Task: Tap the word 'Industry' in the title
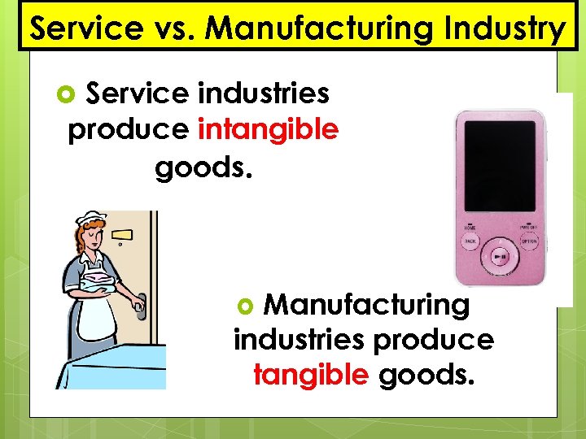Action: (509, 29)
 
